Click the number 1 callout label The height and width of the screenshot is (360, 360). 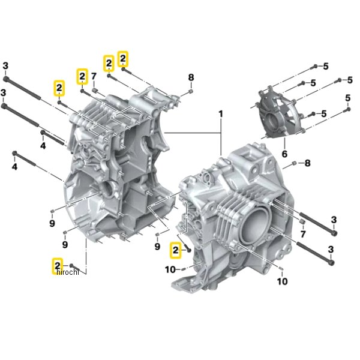pos(220,114)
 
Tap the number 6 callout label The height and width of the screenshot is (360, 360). pos(284,154)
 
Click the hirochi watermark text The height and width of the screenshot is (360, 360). pos(67,272)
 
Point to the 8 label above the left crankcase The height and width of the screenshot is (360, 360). pos(191,77)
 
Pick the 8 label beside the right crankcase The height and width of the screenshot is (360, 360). pos(307,163)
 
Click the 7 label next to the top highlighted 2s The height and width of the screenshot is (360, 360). pos(94,76)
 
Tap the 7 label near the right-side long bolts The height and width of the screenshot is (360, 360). pos(303,234)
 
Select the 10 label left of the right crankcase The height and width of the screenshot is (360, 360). pos(170,269)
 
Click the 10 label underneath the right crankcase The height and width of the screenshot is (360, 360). pos(282,281)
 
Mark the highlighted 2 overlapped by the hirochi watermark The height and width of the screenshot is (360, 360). pos(58,266)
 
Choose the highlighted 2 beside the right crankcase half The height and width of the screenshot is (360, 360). pos(175,250)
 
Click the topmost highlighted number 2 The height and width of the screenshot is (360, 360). pos(123,59)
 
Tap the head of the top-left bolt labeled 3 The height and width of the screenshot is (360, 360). pos(6,79)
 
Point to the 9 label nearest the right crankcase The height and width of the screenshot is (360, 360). pos(157,247)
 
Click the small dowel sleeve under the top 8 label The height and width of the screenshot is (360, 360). pos(191,92)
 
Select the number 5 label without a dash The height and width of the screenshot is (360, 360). pos(348,98)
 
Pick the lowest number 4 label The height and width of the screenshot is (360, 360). pos(14,167)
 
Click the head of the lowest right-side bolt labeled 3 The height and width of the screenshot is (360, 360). pos(331,263)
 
